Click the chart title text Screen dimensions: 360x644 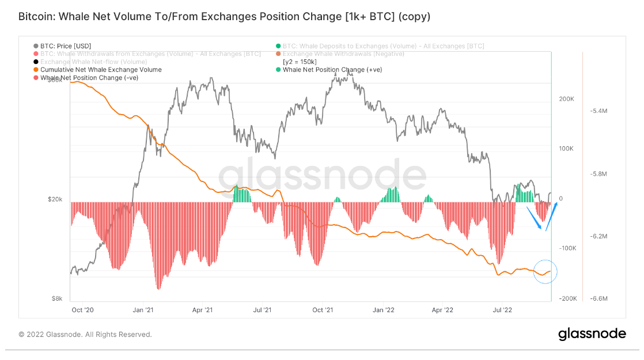coord(224,17)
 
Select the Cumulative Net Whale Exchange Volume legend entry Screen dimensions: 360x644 coord(101,70)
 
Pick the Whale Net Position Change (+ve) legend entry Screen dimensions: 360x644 coord(332,70)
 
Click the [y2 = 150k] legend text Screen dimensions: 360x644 coord(300,62)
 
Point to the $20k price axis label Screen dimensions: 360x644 coord(55,199)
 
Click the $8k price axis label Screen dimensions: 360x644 coord(57,298)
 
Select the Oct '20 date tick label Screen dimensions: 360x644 coord(82,310)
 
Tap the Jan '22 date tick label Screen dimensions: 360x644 coord(382,310)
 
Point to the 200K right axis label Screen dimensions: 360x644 coord(566,99)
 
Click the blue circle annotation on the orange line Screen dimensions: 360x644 coord(545,272)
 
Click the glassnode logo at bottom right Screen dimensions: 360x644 coord(592,334)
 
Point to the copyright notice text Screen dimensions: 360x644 coord(85,334)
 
